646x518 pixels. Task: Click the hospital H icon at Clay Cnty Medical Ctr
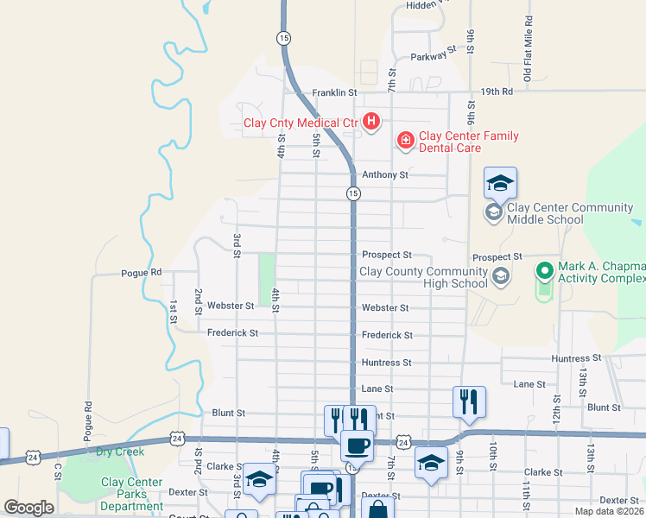tap(370, 122)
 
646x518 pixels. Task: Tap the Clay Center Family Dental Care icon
tap(404, 140)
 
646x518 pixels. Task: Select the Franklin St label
tap(334, 92)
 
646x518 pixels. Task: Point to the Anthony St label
tap(384, 174)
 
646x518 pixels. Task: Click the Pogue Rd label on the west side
tap(141, 272)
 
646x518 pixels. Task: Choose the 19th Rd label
tap(497, 91)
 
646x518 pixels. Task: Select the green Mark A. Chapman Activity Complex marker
tap(544, 271)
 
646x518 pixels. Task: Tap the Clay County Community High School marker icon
tap(500, 276)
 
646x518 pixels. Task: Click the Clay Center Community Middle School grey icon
tap(494, 212)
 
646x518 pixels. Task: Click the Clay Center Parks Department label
tap(131, 495)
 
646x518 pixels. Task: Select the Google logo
tap(28, 508)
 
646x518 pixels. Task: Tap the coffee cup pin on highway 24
tap(357, 445)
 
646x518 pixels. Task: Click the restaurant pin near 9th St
tap(469, 401)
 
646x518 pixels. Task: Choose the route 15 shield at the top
tap(282, 37)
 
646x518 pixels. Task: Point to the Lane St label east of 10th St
tap(529, 383)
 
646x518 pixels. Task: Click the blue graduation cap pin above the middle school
tap(500, 183)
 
